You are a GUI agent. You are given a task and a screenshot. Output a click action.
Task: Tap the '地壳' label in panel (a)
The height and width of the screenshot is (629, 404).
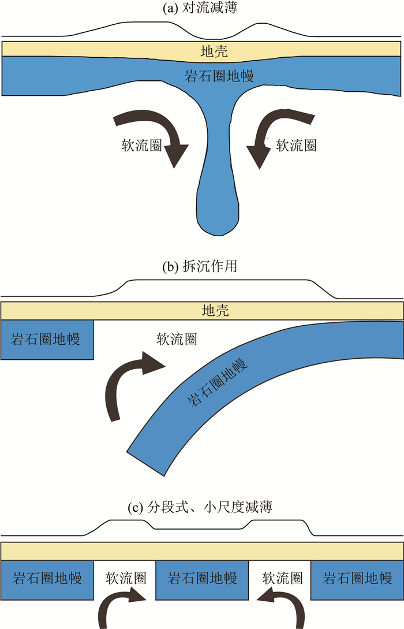point(214,52)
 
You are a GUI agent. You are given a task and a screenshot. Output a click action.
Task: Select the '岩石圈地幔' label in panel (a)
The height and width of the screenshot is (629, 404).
point(219,76)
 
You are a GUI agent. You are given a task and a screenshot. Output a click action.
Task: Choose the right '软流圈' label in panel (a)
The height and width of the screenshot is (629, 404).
point(296,145)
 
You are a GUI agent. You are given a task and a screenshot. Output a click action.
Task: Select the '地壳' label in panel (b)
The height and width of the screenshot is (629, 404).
point(215,311)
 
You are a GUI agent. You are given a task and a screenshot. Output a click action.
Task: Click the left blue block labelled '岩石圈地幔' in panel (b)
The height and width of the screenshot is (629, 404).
point(47,339)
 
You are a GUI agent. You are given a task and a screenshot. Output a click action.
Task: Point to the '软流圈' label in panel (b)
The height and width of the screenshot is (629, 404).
point(177,339)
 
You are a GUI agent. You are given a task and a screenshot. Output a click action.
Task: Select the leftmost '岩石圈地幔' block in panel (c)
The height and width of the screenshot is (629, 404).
point(47,578)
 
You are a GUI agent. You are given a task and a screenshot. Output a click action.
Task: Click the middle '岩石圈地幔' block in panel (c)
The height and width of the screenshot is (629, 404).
point(202,578)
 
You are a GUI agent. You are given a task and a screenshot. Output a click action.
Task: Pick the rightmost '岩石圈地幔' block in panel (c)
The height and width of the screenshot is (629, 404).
point(357,578)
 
